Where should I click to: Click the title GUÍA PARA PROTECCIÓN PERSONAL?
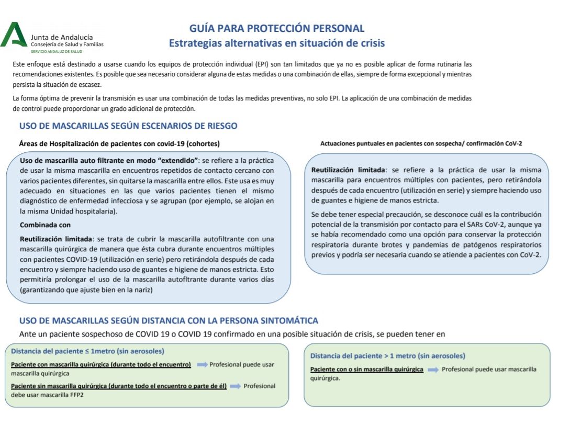pos(276,28)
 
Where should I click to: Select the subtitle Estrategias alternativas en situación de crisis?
pos(276,43)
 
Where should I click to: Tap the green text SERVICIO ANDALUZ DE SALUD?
pos(57,51)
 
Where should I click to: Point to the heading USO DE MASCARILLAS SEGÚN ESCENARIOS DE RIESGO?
pos(128,126)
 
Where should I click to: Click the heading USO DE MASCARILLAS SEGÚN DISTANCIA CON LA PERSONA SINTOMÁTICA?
pos(169,320)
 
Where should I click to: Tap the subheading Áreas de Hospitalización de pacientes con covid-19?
pos(119,143)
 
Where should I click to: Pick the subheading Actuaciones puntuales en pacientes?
pos(421,143)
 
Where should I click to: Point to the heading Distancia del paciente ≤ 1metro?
pos(87,351)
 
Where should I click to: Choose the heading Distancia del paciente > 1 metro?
pos(387,356)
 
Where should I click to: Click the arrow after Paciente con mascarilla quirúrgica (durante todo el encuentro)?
pos(202,364)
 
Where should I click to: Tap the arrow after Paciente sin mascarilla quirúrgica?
pos(235,386)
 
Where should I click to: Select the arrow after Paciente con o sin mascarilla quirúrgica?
pos(433,370)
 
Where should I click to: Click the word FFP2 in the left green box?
pos(74,395)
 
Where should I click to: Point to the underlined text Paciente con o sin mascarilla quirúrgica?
pos(367,369)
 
